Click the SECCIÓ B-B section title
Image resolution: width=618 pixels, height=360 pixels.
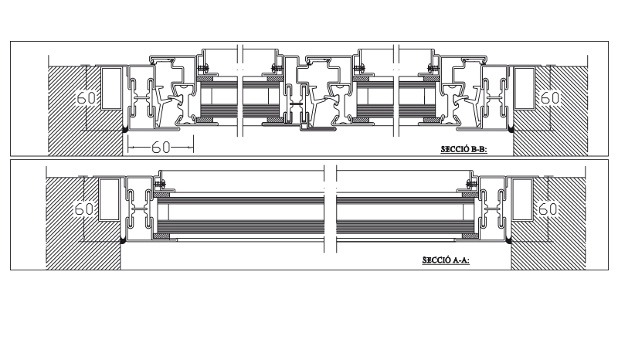tap(464, 149)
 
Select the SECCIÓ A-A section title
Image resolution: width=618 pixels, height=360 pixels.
tap(446, 260)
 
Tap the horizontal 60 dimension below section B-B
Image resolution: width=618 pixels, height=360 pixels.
tap(161, 148)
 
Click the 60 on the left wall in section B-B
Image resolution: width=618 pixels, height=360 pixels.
tap(86, 98)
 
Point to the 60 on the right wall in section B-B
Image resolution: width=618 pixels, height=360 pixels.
tap(550, 98)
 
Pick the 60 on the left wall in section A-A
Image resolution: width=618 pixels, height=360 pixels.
tap(84, 209)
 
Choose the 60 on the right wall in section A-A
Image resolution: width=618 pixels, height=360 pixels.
tap(548, 209)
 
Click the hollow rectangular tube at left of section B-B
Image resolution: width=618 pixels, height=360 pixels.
tap(110, 88)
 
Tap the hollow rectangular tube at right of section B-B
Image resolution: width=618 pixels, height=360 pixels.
tap(525, 88)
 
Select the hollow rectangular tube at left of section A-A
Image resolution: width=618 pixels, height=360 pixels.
tap(109, 199)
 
